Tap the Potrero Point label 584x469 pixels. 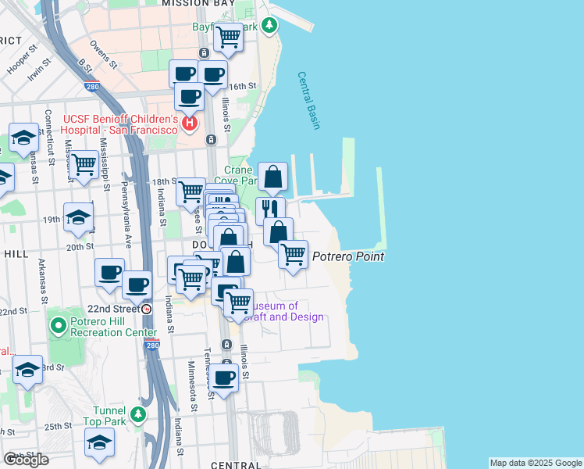coord(348,256)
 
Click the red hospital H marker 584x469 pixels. coord(189,124)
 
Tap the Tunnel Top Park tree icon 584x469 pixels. coord(138,414)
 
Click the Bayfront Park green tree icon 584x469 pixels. coord(270,27)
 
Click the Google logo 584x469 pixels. coord(26,460)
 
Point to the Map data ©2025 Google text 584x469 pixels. coord(535,463)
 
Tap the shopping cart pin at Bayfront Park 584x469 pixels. coord(229,35)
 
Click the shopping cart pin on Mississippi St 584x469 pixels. coord(84,164)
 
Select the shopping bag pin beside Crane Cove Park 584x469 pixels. coord(273,177)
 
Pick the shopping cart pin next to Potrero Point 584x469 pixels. coord(293,253)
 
